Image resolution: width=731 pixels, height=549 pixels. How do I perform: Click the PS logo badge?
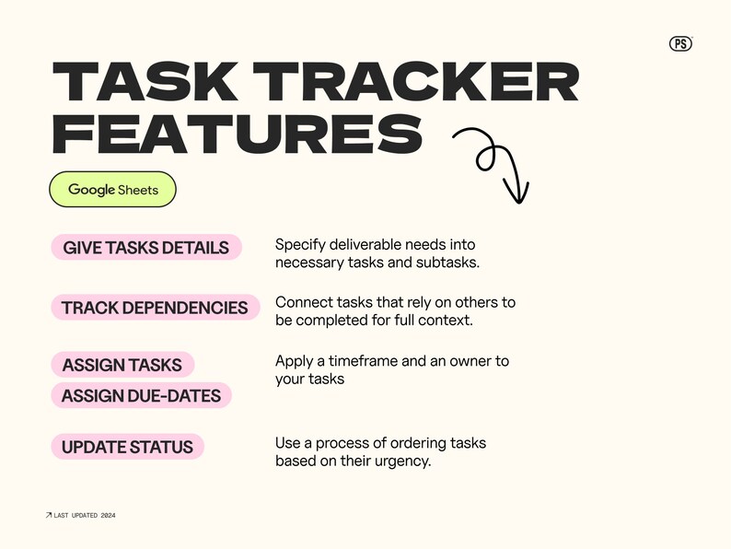point(680,42)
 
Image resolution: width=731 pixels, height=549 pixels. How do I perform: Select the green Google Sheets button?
point(112,190)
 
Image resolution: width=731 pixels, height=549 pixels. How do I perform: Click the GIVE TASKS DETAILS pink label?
point(145,247)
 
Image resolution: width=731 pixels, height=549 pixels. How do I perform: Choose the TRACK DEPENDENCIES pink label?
point(155,308)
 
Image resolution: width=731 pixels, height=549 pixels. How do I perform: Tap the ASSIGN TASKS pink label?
point(122,365)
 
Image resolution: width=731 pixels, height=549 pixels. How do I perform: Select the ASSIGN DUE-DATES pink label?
point(141,395)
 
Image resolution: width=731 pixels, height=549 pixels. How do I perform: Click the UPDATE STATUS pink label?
point(127,447)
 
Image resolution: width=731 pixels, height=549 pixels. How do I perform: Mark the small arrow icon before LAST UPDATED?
point(49,515)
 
